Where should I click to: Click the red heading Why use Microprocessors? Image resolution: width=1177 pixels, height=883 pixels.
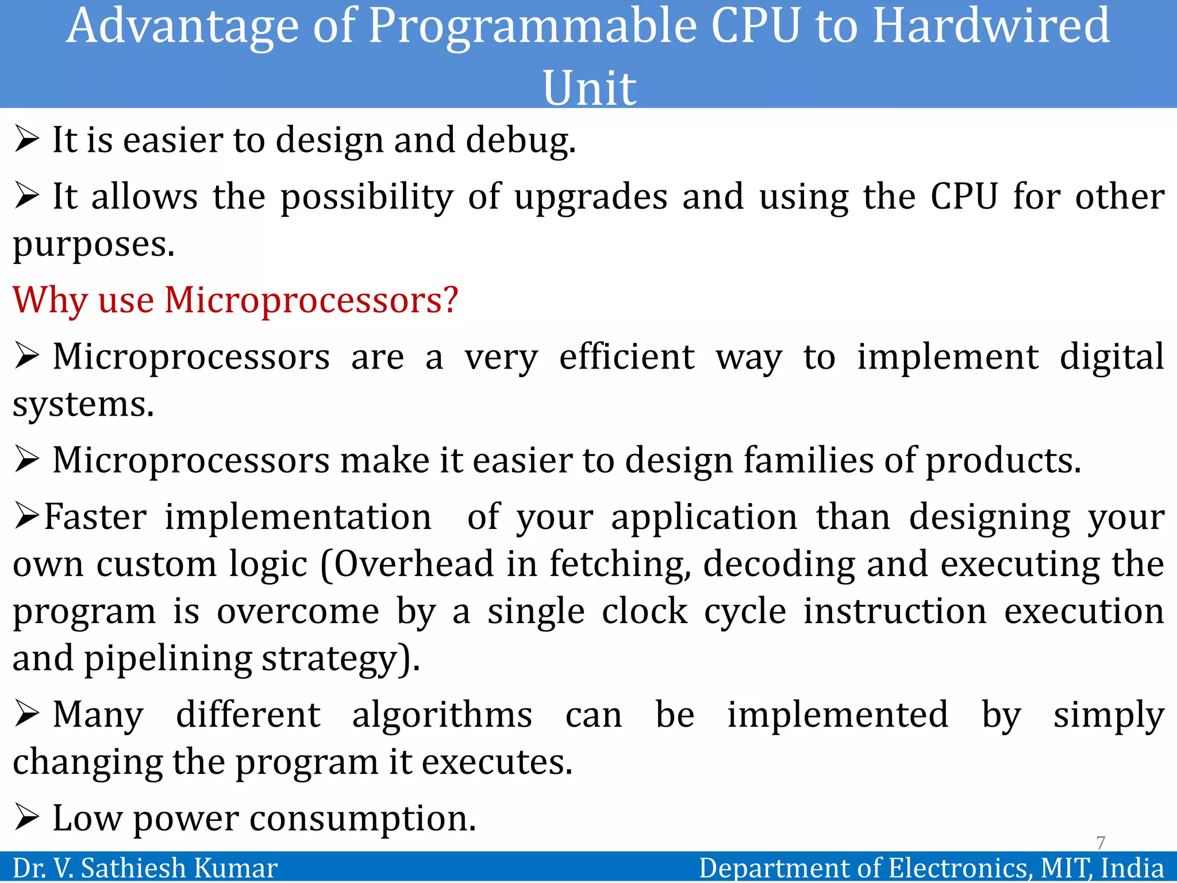(x=236, y=300)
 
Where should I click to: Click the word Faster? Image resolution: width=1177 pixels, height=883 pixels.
(x=95, y=517)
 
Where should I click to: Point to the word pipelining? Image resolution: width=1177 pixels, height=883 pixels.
(x=168, y=659)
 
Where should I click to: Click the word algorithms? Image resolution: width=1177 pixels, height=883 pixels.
(x=442, y=716)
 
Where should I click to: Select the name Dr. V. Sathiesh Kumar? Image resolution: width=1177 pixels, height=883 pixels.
(x=145, y=868)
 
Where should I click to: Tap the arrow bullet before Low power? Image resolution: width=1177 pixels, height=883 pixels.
(x=26, y=817)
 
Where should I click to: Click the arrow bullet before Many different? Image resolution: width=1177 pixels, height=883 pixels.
(x=26, y=715)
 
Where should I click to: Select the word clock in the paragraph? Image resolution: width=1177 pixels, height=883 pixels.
(x=644, y=611)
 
